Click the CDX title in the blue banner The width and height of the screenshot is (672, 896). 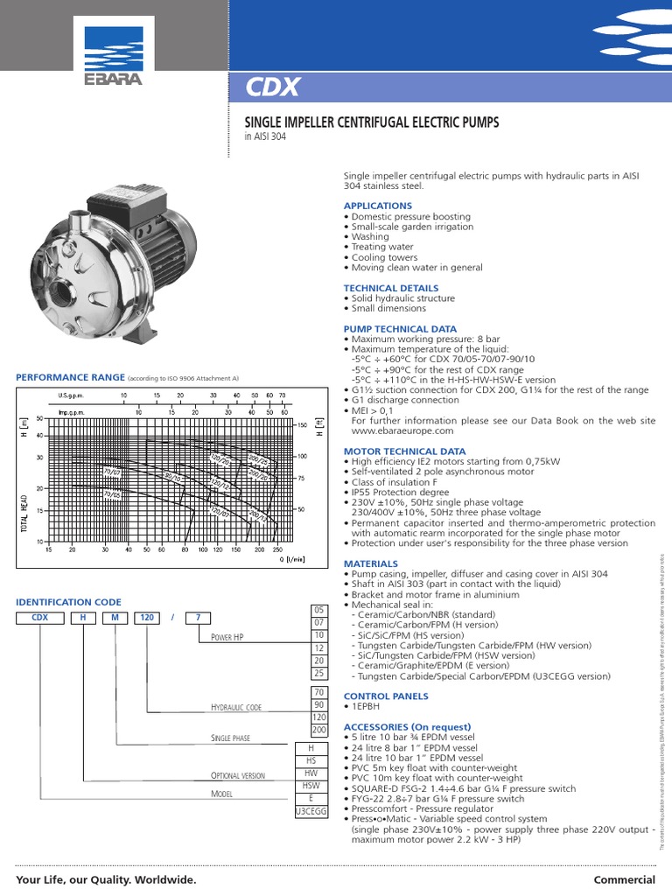[272, 87]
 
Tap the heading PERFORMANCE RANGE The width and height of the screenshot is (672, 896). [70, 377]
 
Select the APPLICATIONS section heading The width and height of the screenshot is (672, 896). [378, 206]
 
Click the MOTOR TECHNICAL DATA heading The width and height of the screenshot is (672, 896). [404, 451]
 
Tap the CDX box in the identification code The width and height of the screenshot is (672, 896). [38, 619]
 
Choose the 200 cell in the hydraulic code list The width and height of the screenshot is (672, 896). [318, 729]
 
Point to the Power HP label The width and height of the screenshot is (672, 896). [232, 637]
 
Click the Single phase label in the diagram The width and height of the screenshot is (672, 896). [231, 738]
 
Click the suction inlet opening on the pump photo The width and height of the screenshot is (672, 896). [64, 287]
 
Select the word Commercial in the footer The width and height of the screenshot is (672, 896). [625, 879]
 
